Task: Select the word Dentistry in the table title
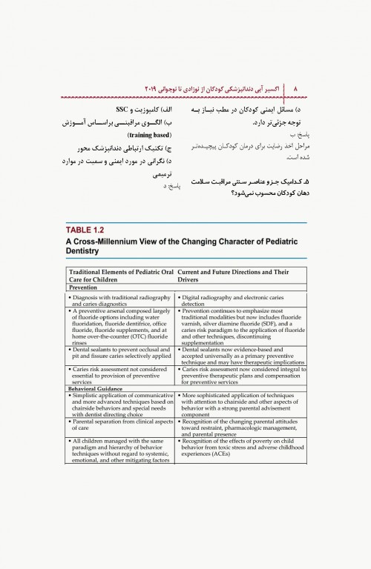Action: pos(89,252)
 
